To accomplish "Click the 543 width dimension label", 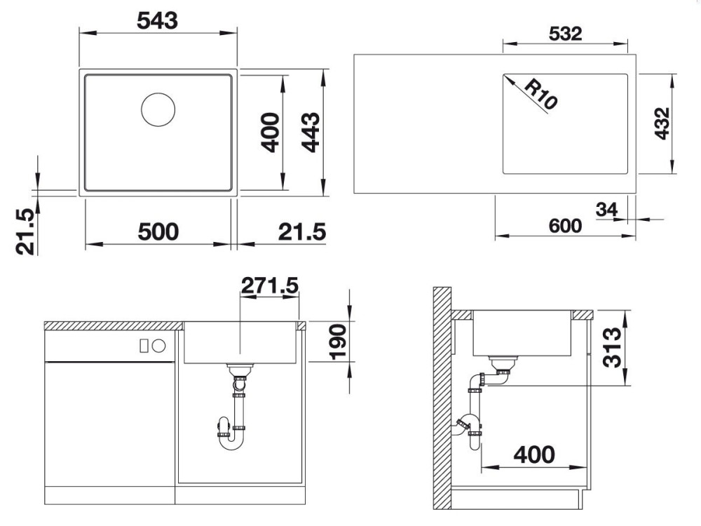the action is pos(157,20).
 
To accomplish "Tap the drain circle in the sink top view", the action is pos(158,109).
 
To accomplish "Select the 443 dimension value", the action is pos(311,133).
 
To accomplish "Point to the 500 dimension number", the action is pos(158,231).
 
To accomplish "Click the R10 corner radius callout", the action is pos(540,94).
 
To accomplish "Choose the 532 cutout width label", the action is pos(565,34).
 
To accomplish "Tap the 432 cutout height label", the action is pos(662,123).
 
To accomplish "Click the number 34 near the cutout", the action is pos(606,209).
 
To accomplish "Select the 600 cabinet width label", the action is pos(565,226).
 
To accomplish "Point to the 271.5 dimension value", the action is pos(270,285).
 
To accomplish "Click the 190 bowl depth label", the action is pos(339,342).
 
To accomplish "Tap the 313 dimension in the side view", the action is pos(612,348).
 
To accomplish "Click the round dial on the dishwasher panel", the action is pos(158,345).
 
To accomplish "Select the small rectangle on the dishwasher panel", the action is pos(144,345).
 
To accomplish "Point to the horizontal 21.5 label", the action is pos(302,231).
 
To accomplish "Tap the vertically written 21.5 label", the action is pos(25,231).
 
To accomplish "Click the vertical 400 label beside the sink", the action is pos(270,133).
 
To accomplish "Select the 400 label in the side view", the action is pos(534,455).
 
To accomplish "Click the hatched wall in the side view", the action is pos(442,398).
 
